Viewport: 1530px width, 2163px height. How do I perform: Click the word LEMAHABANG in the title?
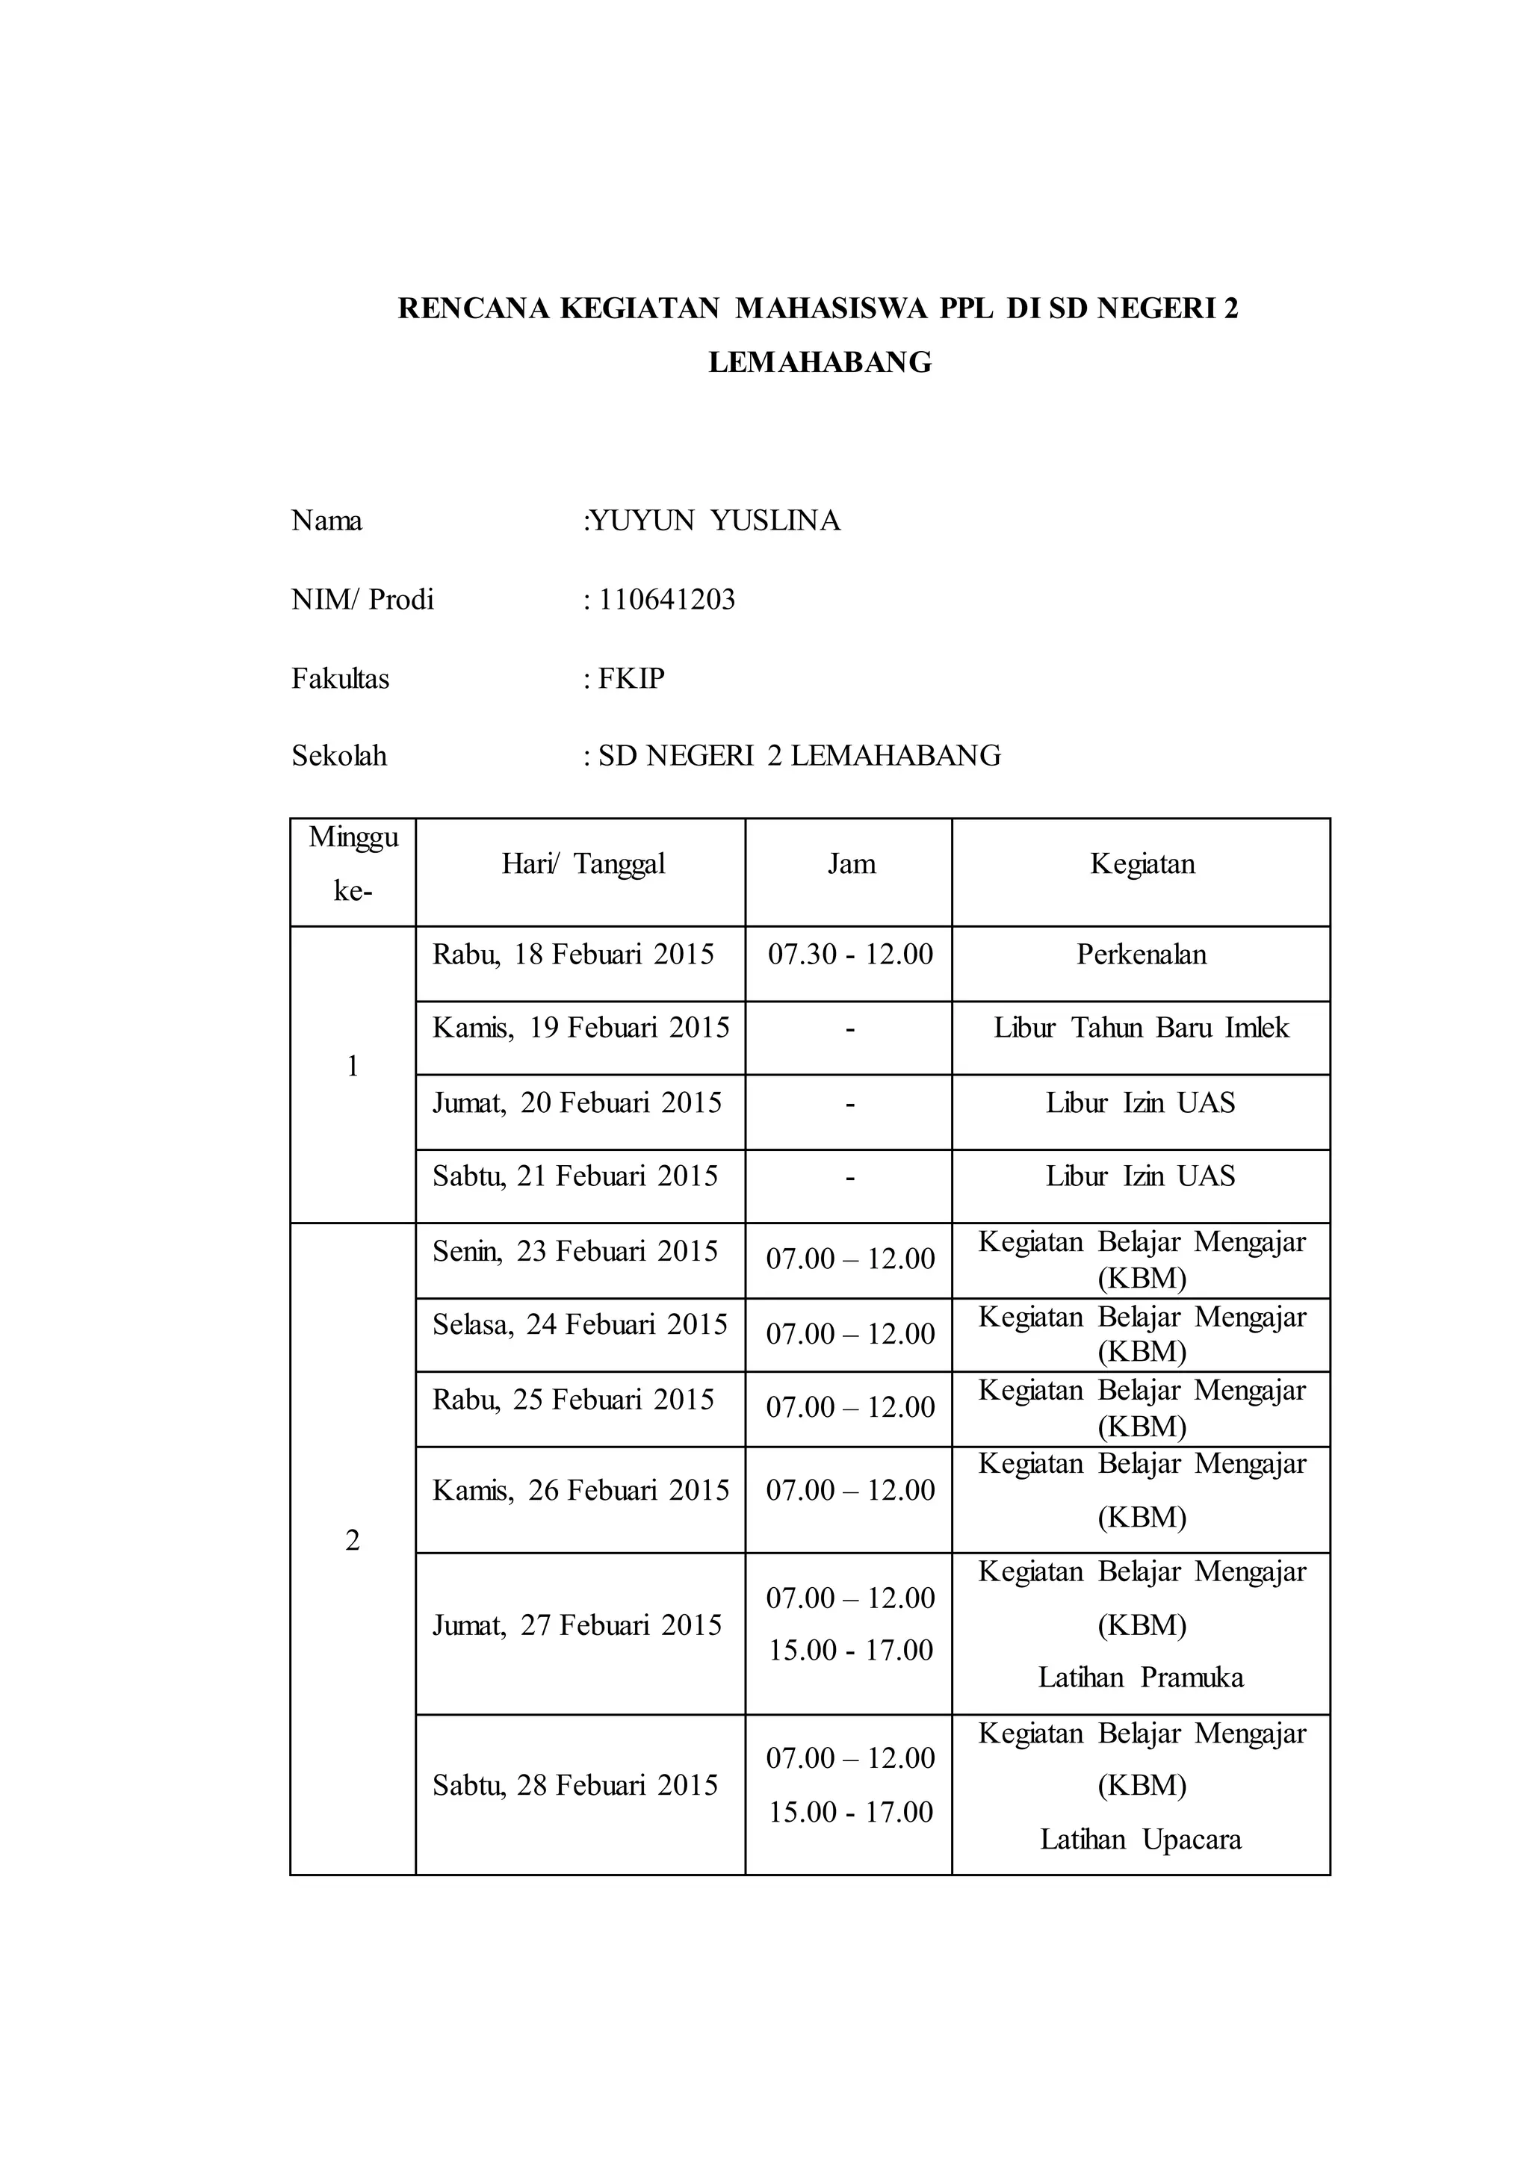click(820, 363)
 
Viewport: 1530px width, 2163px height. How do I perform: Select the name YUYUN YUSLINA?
click(713, 521)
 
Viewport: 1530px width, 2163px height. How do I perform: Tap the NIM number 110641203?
click(667, 600)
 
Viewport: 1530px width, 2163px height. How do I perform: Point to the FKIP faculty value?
click(631, 678)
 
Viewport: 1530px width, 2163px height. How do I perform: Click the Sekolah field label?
click(339, 756)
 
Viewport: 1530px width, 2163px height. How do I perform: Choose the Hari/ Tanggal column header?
click(583, 864)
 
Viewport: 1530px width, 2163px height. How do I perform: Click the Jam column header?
click(851, 864)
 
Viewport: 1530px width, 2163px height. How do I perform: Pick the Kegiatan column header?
click(1142, 864)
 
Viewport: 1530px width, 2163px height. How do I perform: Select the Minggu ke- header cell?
click(353, 864)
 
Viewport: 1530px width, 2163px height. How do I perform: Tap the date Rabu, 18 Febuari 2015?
click(573, 955)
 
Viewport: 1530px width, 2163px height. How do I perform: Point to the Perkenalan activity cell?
click(1141, 955)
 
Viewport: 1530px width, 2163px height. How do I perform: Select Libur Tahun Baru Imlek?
click(1141, 1028)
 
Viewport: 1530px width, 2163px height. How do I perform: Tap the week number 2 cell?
click(353, 1540)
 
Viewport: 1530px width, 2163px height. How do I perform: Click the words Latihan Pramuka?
click(1141, 1677)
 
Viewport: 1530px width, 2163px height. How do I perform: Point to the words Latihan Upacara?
click(1141, 1839)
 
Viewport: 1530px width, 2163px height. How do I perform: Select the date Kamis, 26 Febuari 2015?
click(580, 1489)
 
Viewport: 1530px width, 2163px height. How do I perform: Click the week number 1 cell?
click(353, 1067)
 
